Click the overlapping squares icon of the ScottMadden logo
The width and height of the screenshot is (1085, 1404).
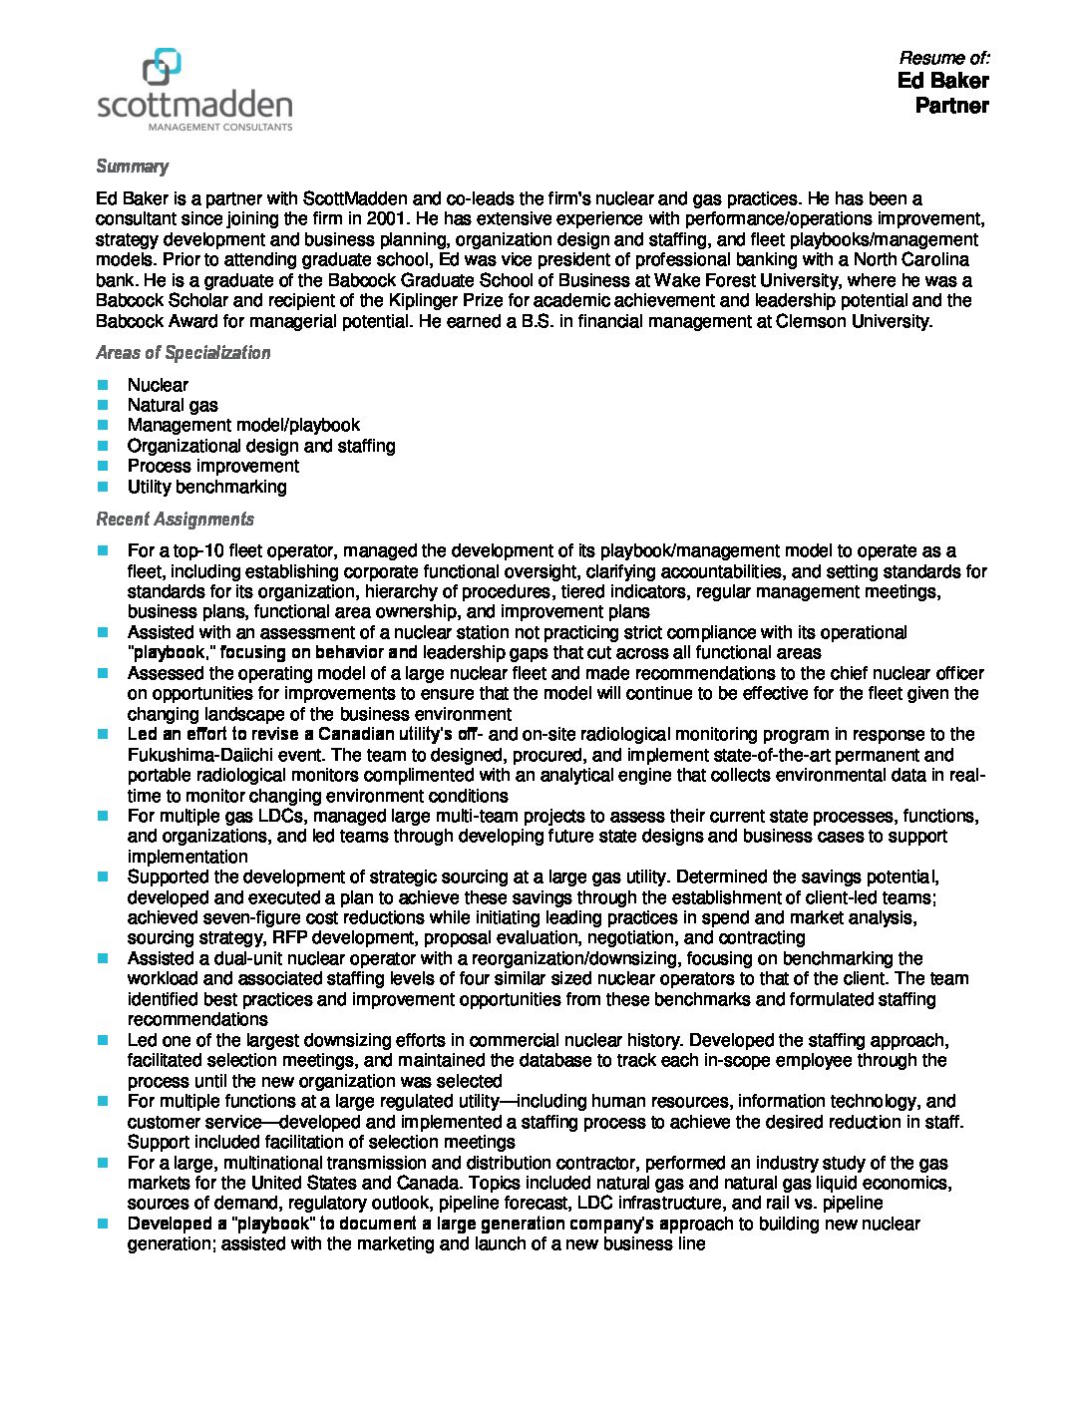tap(163, 67)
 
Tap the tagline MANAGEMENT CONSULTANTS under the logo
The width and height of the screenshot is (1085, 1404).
tap(219, 128)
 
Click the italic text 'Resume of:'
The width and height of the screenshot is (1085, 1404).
tap(943, 58)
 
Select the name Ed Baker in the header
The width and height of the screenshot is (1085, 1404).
tap(942, 81)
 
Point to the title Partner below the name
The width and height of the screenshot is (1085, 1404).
tap(951, 106)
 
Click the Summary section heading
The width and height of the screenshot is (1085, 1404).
tap(132, 167)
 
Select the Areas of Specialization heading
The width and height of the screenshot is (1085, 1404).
tap(182, 353)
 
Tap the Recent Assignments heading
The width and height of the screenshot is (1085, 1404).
tap(175, 520)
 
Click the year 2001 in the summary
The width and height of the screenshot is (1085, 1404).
tap(387, 218)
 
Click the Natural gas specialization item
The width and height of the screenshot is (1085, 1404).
tap(173, 405)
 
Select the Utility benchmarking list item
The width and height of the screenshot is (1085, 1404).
tap(206, 487)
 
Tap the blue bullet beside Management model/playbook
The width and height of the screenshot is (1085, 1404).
tap(103, 426)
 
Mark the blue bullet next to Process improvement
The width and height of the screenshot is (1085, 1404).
tap(103, 467)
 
